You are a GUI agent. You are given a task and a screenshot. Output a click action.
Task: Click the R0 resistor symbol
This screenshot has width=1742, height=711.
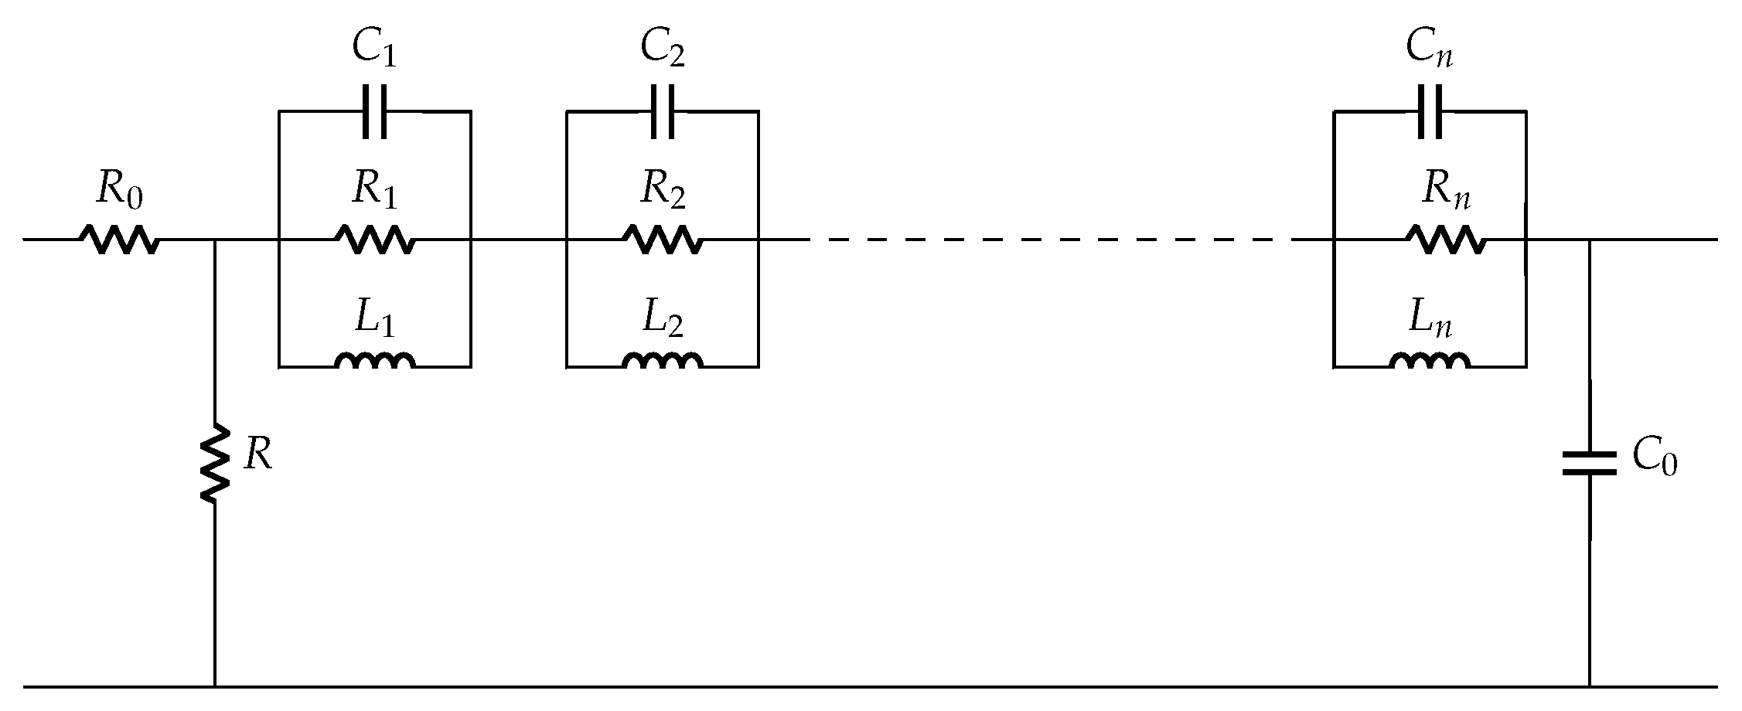[120, 240]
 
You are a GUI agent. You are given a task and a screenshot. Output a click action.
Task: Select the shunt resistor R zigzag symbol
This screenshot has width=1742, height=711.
[214, 463]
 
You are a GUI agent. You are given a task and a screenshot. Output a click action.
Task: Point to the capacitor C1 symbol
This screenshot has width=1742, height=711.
[375, 111]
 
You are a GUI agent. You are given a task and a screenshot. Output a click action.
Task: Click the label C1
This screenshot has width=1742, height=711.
[375, 51]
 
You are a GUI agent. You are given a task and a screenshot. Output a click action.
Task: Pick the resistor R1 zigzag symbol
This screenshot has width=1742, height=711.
[375, 240]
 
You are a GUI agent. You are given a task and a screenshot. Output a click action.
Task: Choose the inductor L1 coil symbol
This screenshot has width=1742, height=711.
[375, 362]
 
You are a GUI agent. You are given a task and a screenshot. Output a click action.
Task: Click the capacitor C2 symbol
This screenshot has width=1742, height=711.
[663, 111]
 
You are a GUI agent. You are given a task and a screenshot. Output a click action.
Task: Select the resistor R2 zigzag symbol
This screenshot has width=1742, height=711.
[663, 240]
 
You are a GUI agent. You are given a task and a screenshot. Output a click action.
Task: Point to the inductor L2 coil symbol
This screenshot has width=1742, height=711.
[663, 362]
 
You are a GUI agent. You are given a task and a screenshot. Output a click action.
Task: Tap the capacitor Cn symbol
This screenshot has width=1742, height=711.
[1430, 111]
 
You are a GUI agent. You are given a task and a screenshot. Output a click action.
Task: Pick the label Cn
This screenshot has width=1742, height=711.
[1430, 51]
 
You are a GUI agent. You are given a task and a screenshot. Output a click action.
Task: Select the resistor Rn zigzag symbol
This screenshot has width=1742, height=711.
[1445, 240]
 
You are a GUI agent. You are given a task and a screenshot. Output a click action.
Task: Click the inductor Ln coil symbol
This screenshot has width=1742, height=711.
[1430, 362]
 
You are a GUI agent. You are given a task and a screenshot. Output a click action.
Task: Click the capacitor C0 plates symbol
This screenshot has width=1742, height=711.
[1590, 463]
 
